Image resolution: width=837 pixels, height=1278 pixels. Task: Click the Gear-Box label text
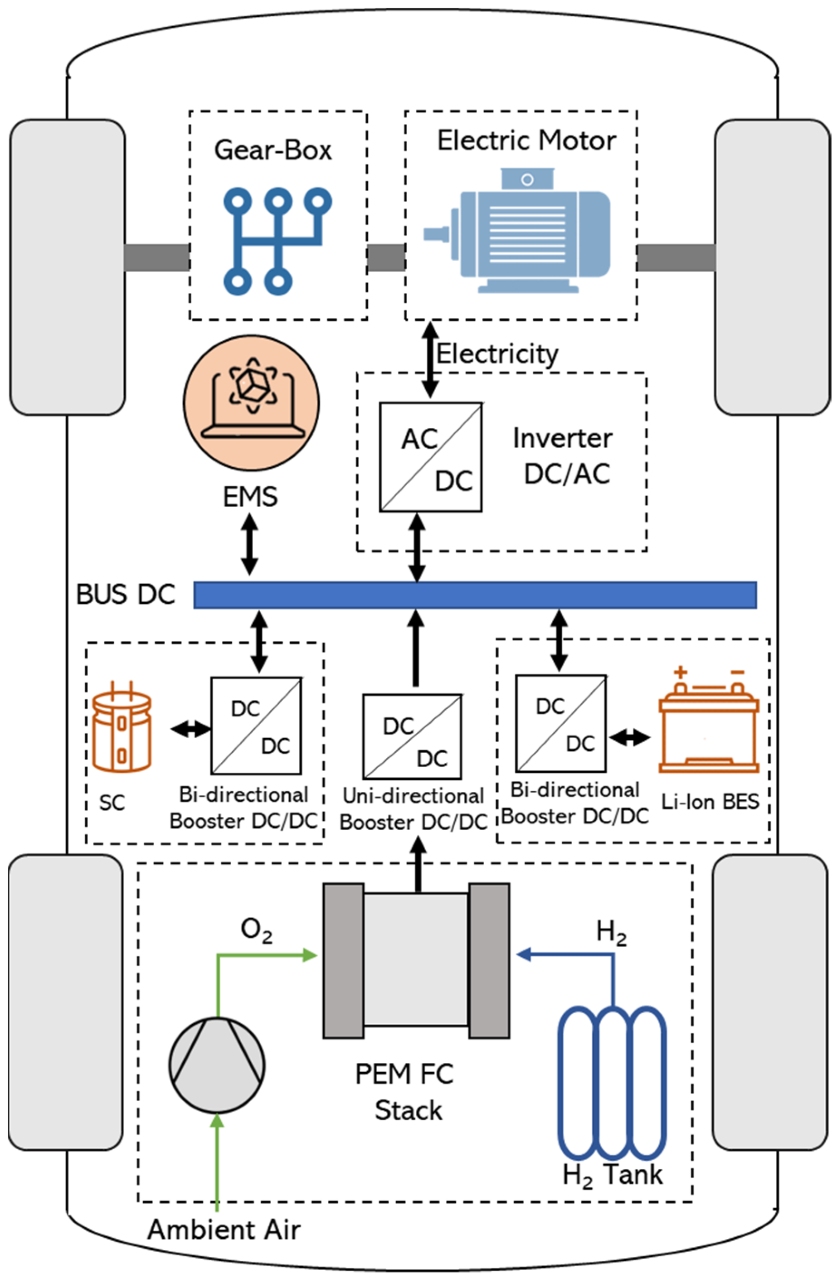pyautogui.click(x=273, y=150)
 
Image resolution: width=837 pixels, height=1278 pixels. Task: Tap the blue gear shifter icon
pyautogui.click(x=277, y=241)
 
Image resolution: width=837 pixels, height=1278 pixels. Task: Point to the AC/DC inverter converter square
pyautogui.click(x=430, y=457)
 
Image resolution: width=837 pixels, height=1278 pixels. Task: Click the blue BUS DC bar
pyautogui.click(x=475, y=595)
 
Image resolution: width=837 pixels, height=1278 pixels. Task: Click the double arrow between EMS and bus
pyautogui.click(x=249, y=544)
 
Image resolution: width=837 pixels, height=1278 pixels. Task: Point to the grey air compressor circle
pyautogui.click(x=217, y=1065)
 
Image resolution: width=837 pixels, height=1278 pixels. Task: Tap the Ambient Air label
pyautogui.click(x=224, y=1229)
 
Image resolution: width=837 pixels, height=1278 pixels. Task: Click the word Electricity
pyautogui.click(x=497, y=353)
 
